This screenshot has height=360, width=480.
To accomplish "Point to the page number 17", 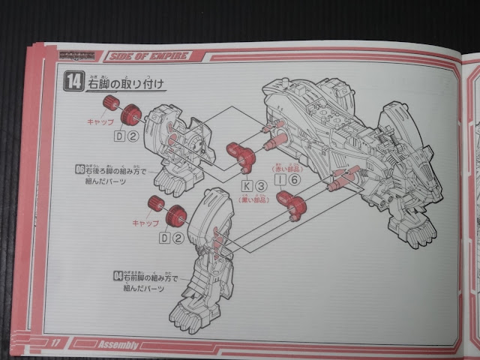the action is pyautogui.click(x=55, y=343).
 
